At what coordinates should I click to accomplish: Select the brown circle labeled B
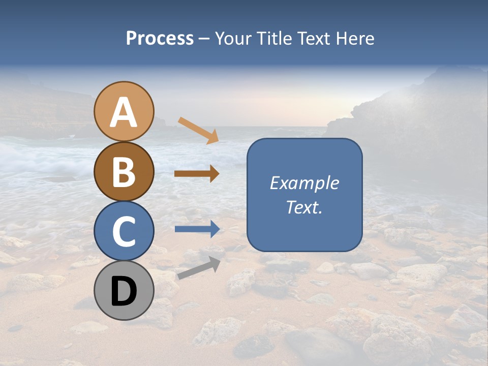tap(124, 171)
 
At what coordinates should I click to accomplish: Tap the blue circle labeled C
tap(124, 231)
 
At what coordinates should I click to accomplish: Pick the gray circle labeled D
tap(124, 290)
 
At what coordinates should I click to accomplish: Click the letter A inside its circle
tap(124, 112)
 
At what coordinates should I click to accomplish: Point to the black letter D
tap(124, 292)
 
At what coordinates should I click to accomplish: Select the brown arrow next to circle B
tap(197, 174)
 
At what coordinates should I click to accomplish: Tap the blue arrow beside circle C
tap(197, 229)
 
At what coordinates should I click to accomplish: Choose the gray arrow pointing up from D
tap(198, 268)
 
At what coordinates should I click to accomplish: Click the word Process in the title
tap(160, 38)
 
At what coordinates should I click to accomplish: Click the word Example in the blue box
tap(304, 183)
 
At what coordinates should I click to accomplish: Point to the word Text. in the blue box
tap(304, 207)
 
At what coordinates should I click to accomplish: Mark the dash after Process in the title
tap(204, 39)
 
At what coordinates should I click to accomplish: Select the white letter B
tap(124, 173)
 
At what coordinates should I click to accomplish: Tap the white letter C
tap(124, 232)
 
